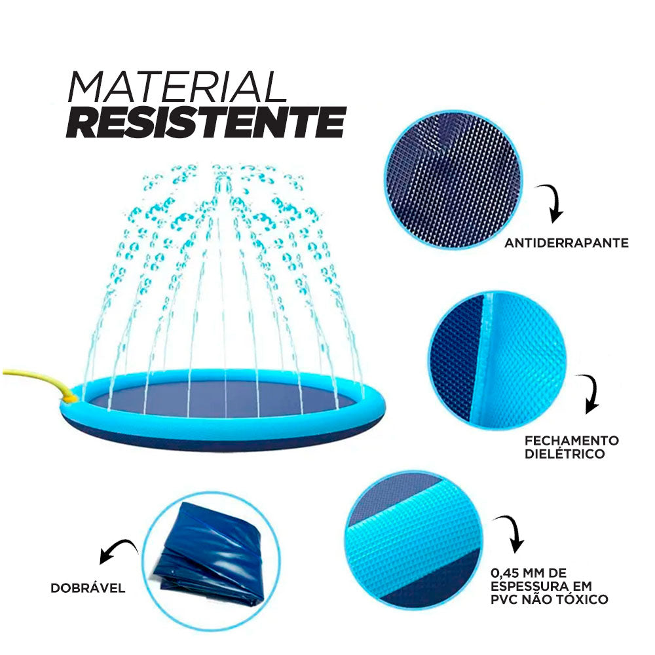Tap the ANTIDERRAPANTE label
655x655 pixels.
tap(566, 243)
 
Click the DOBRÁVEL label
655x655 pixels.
tap(88, 588)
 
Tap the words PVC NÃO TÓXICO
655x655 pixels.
tap(549, 599)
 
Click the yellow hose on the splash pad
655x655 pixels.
tap(39, 380)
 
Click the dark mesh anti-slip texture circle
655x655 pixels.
tap(453, 180)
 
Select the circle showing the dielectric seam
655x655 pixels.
tap(497, 360)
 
